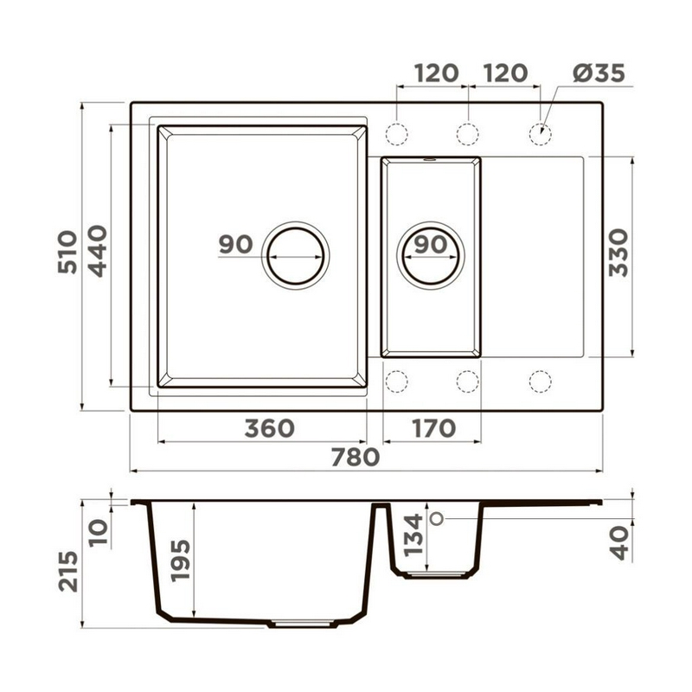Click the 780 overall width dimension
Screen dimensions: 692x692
(356, 458)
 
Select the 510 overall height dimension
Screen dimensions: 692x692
(67, 252)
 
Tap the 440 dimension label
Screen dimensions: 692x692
(98, 251)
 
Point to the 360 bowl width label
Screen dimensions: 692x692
(270, 428)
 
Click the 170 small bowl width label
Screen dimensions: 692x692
(434, 428)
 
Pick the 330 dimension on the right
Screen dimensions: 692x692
(618, 253)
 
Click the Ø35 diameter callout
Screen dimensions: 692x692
(599, 73)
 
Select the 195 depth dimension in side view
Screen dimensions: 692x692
(181, 560)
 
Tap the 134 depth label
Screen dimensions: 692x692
(413, 535)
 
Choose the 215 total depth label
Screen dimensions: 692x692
(68, 571)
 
